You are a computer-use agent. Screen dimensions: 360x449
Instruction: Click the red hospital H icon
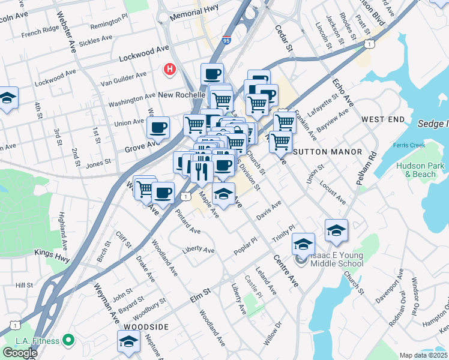170,70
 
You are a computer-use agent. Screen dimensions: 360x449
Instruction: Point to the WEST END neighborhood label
383,120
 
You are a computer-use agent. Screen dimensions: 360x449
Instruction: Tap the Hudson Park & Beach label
420,170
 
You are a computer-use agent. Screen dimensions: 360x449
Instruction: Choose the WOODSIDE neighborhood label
142,326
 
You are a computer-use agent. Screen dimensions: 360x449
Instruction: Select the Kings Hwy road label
52,253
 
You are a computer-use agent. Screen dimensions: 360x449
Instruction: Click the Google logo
20,352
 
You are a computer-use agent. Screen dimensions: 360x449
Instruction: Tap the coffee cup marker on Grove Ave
158,128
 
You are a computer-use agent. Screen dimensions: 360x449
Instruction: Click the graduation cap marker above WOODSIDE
128,341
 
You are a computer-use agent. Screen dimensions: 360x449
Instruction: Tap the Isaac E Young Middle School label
336,259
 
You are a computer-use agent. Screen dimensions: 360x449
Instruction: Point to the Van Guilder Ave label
123,77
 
